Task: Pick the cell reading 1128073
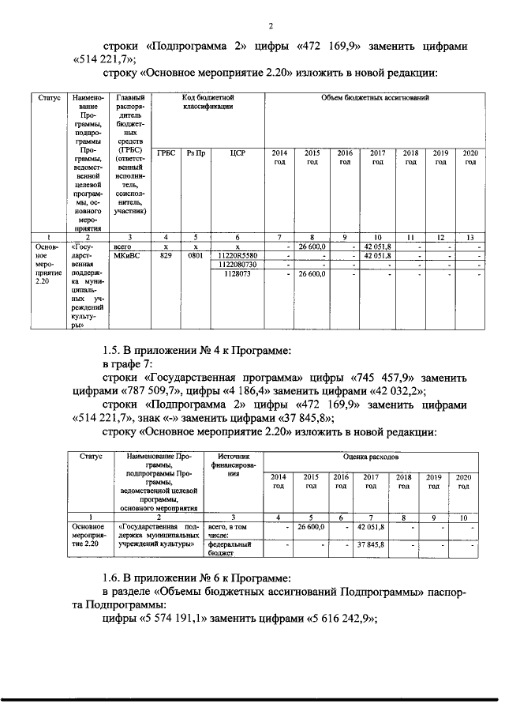pos(237,274)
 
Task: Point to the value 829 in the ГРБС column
pos(166,256)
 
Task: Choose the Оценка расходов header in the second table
pos(375,457)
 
